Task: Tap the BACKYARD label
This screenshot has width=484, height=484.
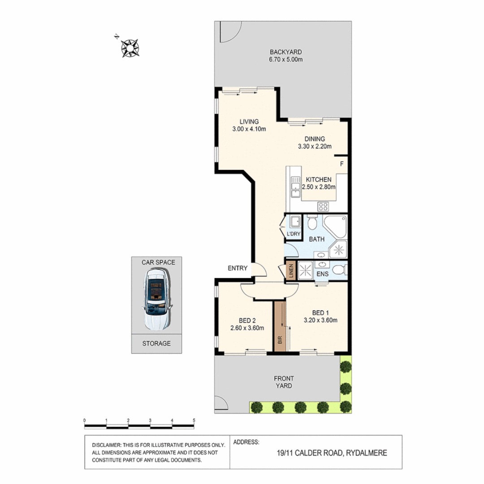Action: (282, 52)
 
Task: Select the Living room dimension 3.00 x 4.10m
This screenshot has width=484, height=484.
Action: (249, 130)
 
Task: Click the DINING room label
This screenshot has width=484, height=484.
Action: (315, 139)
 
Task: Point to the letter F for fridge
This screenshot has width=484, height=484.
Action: (341, 164)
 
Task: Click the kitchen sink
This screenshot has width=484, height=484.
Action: (295, 187)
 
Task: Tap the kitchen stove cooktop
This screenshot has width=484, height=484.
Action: (324, 206)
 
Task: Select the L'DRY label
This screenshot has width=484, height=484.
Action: (293, 234)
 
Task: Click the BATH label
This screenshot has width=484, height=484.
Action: (316, 239)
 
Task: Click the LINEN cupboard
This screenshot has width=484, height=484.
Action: (291, 271)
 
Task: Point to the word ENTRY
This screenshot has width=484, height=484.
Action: (238, 268)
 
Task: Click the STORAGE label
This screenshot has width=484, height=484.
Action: (156, 344)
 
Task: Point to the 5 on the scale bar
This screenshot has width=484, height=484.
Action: (194, 420)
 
